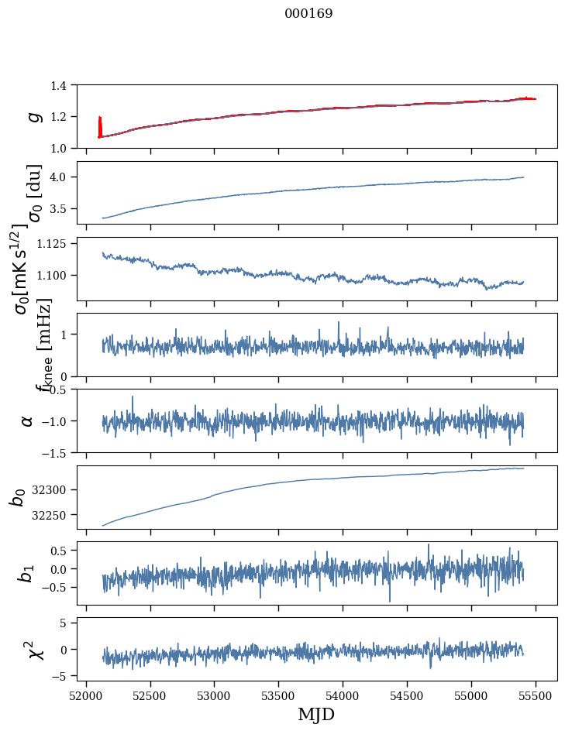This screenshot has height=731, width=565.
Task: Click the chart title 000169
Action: pyautogui.click(x=308, y=14)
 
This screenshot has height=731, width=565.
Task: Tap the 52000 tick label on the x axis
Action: pyautogui.click(x=86, y=695)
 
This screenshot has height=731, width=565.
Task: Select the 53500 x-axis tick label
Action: pyautogui.click(x=279, y=695)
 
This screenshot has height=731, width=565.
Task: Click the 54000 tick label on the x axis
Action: pyautogui.click(x=343, y=695)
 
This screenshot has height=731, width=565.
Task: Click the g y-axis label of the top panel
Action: pyautogui.click(x=33, y=116)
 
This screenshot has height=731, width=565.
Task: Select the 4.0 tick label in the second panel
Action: pyautogui.click(x=62, y=177)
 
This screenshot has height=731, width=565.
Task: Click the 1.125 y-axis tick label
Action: pyautogui.click(x=54, y=243)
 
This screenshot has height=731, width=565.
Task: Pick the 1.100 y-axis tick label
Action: pyautogui.click(x=54, y=276)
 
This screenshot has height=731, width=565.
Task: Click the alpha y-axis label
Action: pyautogui.click(x=28, y=420)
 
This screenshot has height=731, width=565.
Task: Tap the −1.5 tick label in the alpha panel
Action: pyautogui.click(x=57, y=452)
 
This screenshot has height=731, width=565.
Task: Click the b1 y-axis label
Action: pyautogui.click(x=27, y=574)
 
